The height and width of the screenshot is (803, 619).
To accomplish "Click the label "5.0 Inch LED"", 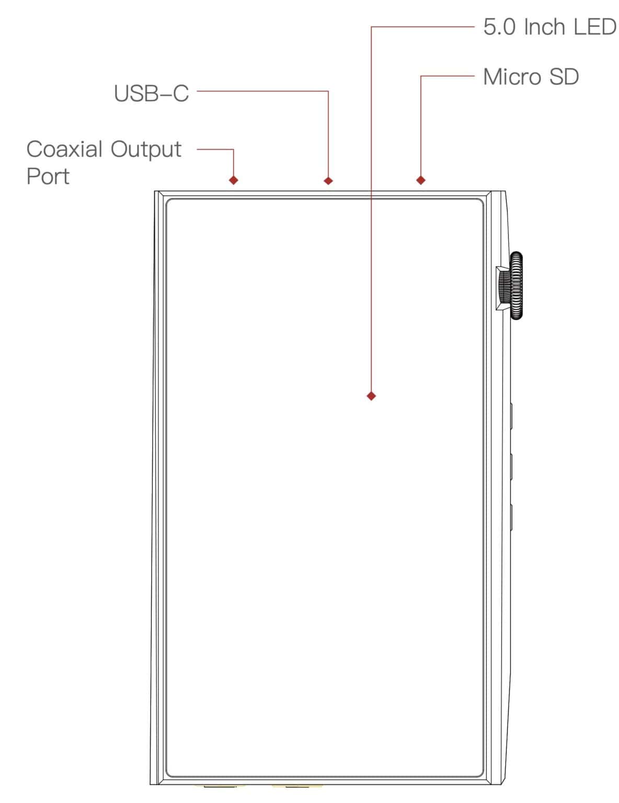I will coord(549,27).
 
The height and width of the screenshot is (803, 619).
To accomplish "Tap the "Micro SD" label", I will coord(530,77).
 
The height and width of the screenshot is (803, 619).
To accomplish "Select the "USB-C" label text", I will coord(151,94).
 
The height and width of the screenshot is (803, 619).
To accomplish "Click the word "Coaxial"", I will coord(64,150).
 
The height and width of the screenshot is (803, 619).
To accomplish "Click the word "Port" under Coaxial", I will coord(48,177).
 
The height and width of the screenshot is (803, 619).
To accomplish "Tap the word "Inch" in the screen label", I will coord(544,27).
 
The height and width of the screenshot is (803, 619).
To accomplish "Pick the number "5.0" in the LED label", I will coord(499,27).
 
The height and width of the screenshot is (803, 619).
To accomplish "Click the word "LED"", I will coord(594,27).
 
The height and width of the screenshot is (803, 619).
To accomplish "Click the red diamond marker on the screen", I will coord(371,396).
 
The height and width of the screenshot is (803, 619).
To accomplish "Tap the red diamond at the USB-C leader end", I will coord(328,180).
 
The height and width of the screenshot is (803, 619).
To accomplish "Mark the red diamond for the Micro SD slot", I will coord(421,180).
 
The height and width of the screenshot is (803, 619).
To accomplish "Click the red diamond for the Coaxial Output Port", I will coord(234,180).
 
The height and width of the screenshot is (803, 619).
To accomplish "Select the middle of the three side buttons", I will coord(510,466).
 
